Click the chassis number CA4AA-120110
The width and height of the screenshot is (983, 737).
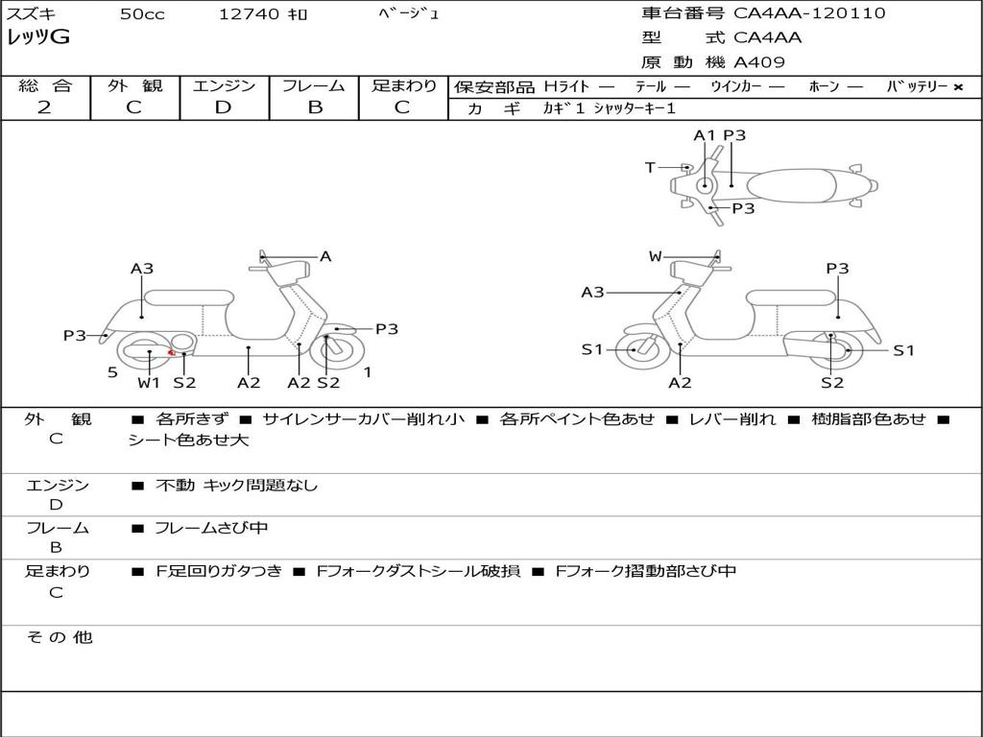(809, 13)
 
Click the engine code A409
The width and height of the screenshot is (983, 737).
(759, 62)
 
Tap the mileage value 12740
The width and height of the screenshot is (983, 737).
(249, 14)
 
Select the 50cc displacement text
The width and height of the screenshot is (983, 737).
(142, 14)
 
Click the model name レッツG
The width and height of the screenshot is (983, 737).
(38, 37)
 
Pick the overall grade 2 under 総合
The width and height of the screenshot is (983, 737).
(44, 107)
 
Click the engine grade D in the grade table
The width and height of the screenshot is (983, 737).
(223, 107)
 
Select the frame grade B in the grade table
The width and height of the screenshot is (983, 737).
(314, 107)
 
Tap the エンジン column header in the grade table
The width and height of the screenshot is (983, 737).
(224, 86)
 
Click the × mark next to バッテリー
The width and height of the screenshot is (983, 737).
(957, 87)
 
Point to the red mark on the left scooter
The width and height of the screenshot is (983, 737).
(171, 352)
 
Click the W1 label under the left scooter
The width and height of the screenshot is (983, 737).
(149, 383)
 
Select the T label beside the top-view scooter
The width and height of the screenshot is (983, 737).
(650, 168)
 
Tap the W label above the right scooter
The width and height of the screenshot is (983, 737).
(655, 256)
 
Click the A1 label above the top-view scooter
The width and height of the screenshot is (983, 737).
(705, 135)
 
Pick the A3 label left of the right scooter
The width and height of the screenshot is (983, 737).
(592, 293)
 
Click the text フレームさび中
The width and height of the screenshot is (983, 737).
(211, 528)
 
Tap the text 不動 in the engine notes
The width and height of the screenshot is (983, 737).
(175, 486)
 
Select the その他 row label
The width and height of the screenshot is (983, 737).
(59, 637)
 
